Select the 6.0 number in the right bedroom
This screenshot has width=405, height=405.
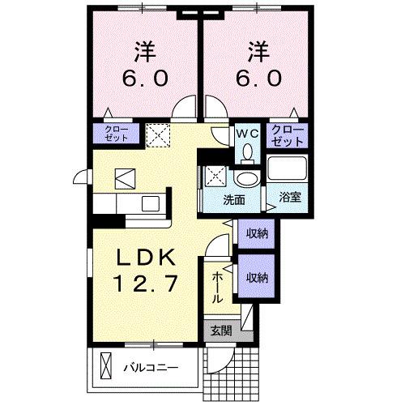click(260, 79)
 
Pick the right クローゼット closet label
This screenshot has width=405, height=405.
click(288, 134)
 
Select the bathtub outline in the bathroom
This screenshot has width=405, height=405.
click(288, 169)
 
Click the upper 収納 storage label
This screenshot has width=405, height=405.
click(257, 233)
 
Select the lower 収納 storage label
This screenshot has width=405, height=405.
click(257, 277)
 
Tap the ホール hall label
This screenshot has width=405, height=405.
click(218, 288)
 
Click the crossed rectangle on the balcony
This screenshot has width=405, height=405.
click(104, 366)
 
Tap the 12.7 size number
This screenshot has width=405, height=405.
click(147, 285)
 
